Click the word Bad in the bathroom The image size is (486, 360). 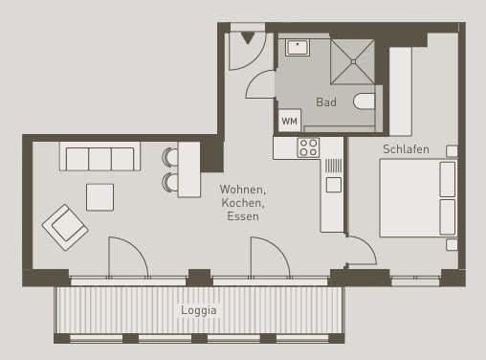pos(326,102)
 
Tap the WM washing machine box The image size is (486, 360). pos(289,121)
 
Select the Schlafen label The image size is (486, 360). pos(406,149)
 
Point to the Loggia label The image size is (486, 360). pos(199,310)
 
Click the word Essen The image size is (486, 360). pos(242,216)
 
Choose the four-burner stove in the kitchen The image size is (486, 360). pos(308,147)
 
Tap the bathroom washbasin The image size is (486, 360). pos(297,47)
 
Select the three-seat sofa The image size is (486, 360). pos(99,157)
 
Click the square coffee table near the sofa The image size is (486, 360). pos(99,197)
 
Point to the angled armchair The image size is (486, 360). pos(65,227)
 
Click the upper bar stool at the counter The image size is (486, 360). pos(170,157)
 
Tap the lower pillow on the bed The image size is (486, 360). pos(447,215)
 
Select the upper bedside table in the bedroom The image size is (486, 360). pos(452,151)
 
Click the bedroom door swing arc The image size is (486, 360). pos(360,252)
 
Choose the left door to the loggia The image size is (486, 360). pos(126,257)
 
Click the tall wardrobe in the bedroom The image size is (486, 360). pos(400,91)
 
